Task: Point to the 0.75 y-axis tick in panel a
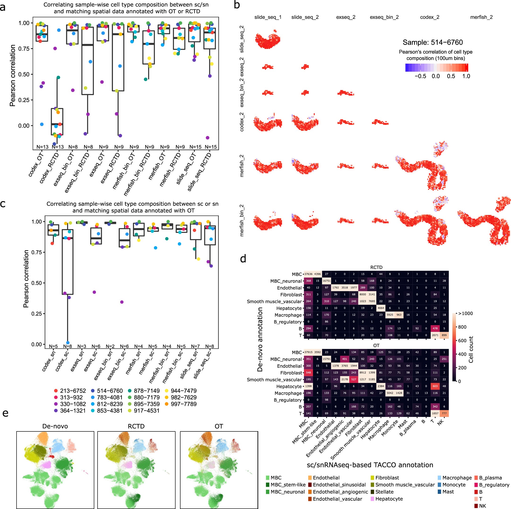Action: pos(24,48)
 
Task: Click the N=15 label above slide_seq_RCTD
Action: pos(210,147)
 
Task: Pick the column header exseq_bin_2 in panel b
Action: pos(384,17)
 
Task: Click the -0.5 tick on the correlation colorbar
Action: pos(420,76)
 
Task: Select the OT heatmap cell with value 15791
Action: pos(326,359)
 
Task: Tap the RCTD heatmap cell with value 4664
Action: pos(381,308)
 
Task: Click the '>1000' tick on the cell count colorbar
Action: pos(465,314)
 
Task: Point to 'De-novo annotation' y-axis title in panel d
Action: pos(260,339)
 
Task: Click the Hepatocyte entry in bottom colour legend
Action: pos(389,499)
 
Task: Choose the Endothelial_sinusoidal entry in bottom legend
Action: pos(339,485)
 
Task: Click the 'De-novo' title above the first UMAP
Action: pos(55,426)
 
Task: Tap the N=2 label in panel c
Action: pos(110,347)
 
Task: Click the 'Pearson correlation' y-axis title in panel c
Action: pos(26,279)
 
